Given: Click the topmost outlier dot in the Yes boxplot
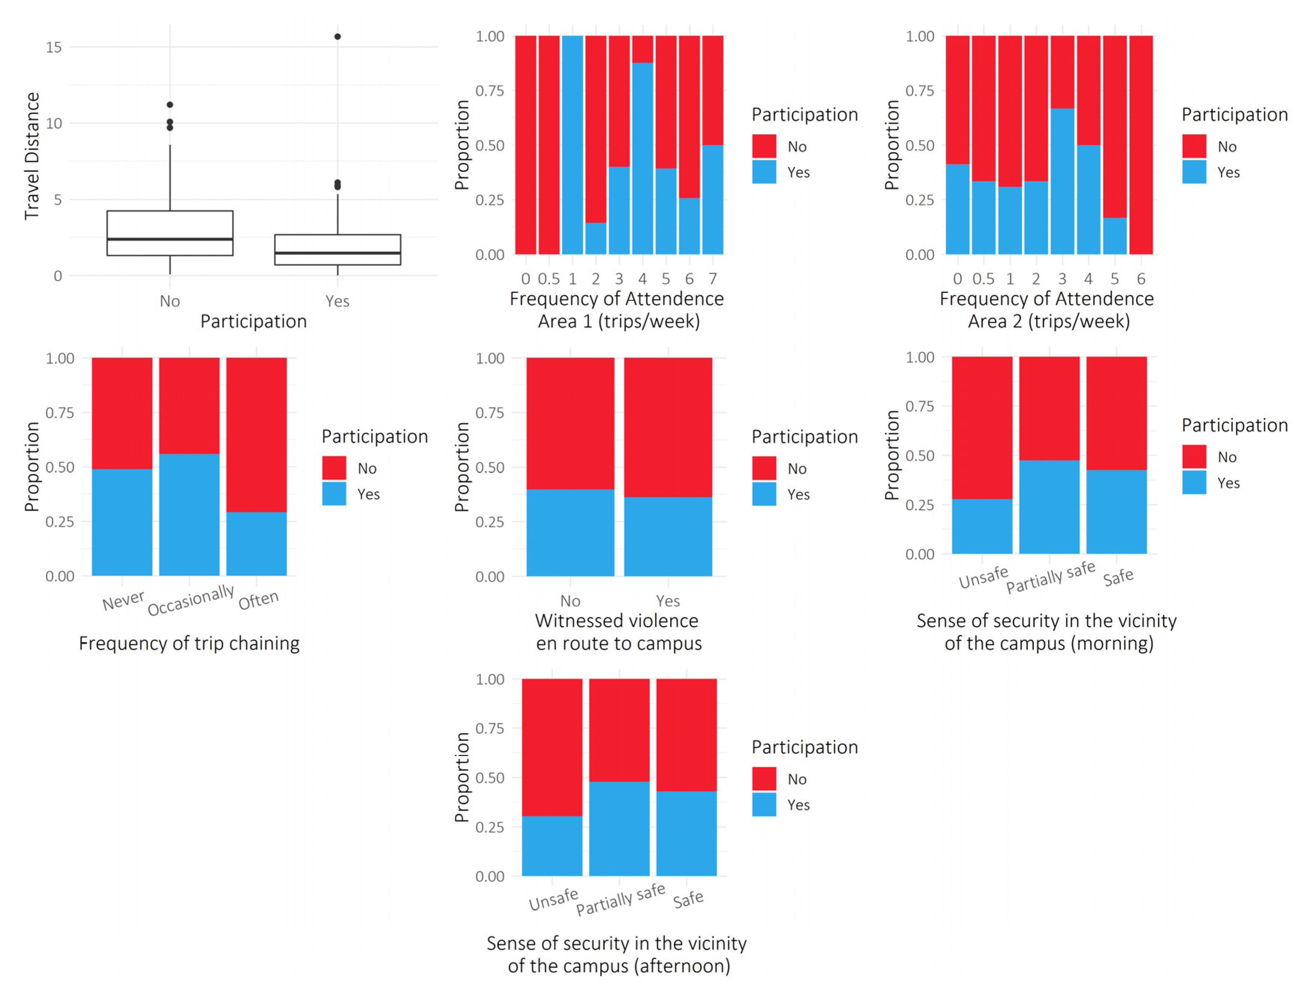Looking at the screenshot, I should pos(337,36).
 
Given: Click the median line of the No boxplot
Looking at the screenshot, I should pos(170,239).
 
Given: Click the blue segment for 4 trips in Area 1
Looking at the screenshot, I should pos(642,159).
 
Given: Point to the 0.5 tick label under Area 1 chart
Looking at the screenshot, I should pos(549,279).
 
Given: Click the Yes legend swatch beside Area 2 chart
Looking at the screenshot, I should pos(1194,172).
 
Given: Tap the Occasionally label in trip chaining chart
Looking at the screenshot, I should pos(191,600).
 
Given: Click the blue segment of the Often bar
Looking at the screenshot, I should pos(256,544).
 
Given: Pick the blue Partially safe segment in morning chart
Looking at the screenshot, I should pos(1049,507).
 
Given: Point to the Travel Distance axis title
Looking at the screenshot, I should pos(32,156).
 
